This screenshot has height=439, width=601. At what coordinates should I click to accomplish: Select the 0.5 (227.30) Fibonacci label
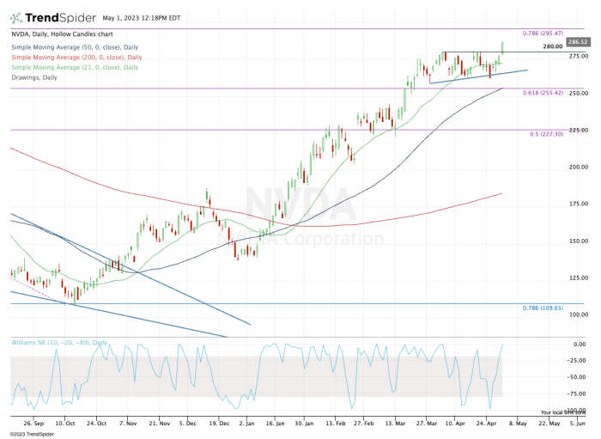[547, 133]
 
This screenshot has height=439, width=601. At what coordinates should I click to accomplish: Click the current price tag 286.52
[578, 40]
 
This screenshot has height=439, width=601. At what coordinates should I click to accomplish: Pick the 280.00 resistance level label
[553, 46]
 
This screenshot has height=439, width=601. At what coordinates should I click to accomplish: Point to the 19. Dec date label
[219, 423]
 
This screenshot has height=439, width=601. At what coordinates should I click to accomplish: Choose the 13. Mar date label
[395, 423]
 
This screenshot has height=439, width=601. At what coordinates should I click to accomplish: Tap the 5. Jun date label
[578, 423]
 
